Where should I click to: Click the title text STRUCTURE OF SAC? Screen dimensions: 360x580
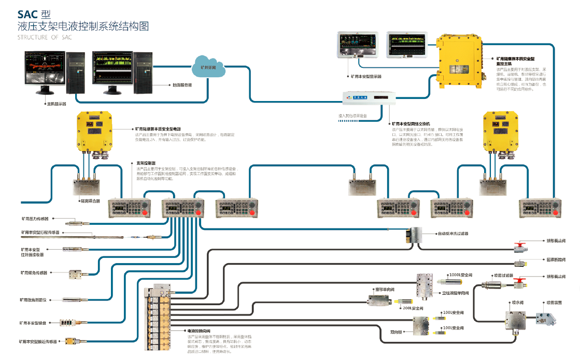(44, 38)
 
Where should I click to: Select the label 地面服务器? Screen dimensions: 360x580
(182, 84)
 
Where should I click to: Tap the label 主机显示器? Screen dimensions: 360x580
(56, 104)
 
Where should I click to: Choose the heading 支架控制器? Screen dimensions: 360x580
(146, 163)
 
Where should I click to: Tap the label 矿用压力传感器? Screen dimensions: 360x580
(38, 219)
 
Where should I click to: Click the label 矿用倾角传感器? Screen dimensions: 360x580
(34, 272)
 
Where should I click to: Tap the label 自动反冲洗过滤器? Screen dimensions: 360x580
(453, 234)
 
